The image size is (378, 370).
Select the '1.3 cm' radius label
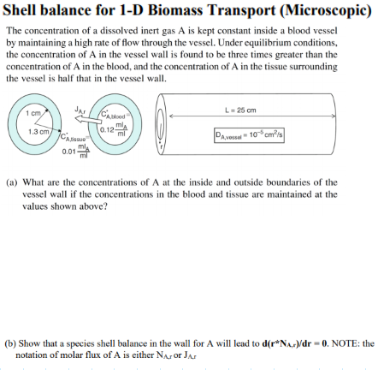tap(36, 131)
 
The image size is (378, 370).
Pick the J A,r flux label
tap(80, 109)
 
